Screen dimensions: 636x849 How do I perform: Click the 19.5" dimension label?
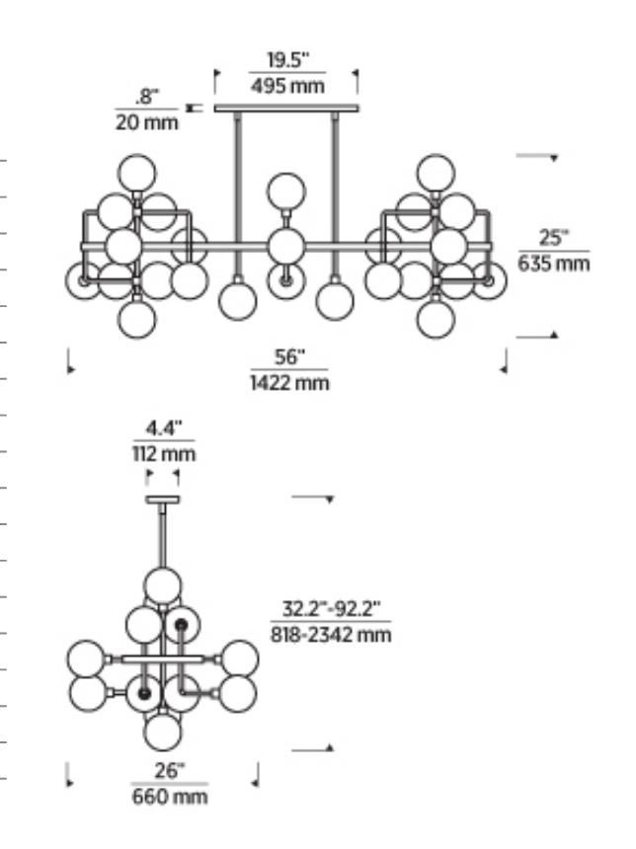287,59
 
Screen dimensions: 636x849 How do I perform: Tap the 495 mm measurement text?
287,86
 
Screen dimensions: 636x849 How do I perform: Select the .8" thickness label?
147,97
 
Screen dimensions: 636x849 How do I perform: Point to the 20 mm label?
146,122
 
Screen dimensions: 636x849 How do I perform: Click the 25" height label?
554,237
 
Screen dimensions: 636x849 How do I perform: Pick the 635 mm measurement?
554,264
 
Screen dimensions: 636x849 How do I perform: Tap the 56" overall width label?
289,356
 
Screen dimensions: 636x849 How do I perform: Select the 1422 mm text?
289,383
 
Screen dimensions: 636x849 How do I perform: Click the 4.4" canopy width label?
163,428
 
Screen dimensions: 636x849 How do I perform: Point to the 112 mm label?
164,454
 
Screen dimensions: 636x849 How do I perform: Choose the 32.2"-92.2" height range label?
331,609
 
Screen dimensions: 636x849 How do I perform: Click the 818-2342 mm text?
331,634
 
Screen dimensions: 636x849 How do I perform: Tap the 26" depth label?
169,770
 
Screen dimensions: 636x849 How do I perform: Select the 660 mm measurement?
170,797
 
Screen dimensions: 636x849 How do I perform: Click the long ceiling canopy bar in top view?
286,109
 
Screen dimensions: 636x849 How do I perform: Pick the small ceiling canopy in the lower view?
163,500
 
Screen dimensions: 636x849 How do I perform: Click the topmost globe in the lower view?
163,585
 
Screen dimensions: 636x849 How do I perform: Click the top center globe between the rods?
286,192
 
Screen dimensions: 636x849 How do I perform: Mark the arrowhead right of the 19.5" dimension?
356,72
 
